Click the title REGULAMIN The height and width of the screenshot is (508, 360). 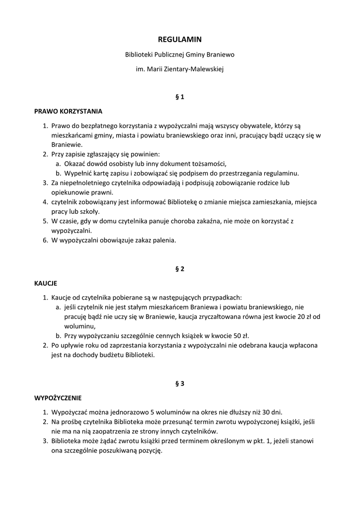pyautogui.click(x=180, y=39)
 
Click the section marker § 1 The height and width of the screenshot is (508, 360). pyautogui.click(x=180, y=97)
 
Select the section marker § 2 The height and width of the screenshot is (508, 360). pyautogui.click(x=180, y=269)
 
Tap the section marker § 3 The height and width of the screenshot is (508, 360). pyautogui.click(x=180, y=383)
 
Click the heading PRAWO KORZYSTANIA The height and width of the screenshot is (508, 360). pyautogui.click(x=68, y=111)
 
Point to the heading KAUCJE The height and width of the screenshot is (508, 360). pyautogui.click(x=46, y=283)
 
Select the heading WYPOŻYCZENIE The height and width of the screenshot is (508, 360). pyautogui.click(x=58, y=398)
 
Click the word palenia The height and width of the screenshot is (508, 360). pyautogui.click(x=163, y=241)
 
